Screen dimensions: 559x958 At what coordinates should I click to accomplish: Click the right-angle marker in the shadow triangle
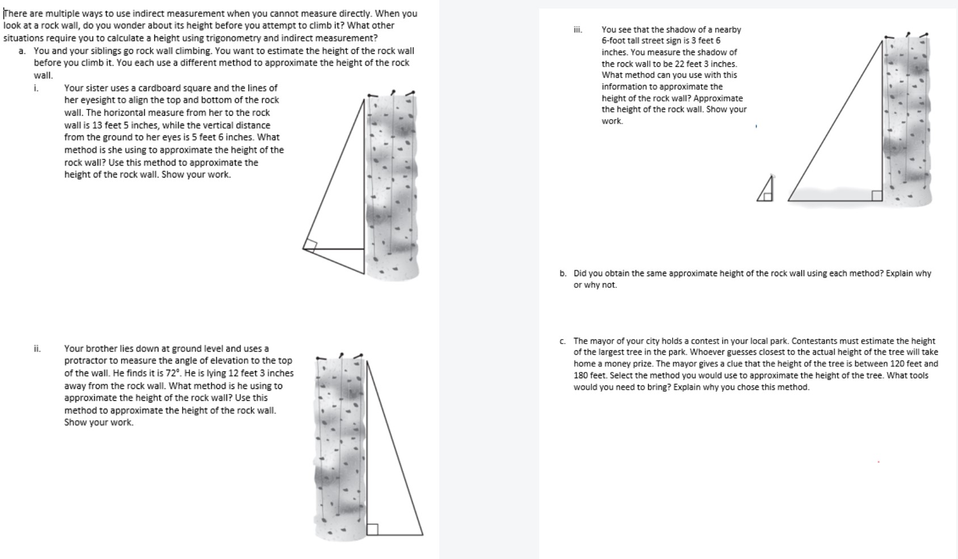click(x=877, y=196)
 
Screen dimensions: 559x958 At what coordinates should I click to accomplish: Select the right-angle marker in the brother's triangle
click(x=372, y=529)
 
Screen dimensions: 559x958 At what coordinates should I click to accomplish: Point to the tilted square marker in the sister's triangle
click(x=310, y=245)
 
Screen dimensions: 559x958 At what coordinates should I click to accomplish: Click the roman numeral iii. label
click(x=577, y=29)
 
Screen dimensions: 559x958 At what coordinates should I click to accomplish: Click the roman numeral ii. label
click(x=37, y=349)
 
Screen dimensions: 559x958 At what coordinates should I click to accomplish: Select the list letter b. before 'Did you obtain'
click(x=562, y=273)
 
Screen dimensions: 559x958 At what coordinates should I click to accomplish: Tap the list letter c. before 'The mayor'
click(x=562, y=341)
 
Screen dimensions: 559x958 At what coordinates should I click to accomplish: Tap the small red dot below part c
click(x=879, y=462)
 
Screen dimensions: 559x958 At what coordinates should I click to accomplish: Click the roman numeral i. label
click(x=36, y=88)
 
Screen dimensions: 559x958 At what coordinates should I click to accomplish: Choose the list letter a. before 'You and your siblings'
click(x=22, y=50)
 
